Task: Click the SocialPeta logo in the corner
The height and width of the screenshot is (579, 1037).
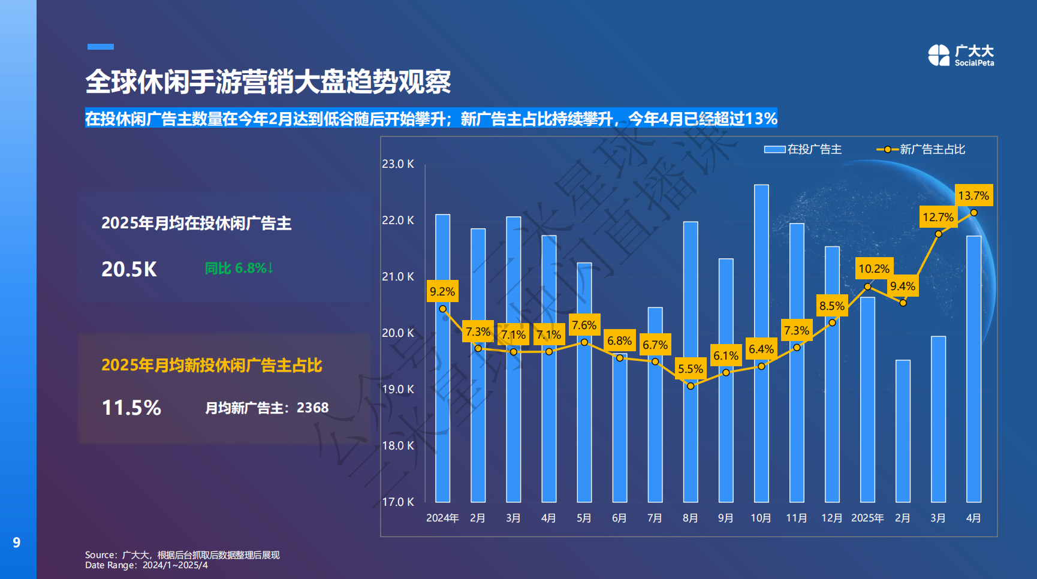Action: [x=960, y=55]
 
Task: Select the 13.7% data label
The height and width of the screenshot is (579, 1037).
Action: [x=973, y=195]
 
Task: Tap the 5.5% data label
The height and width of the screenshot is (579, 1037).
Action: [x=690, y=369]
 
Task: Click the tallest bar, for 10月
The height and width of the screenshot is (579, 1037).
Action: [x=761, y=342]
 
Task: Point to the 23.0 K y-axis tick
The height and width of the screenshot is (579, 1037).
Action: [x=398, y=164]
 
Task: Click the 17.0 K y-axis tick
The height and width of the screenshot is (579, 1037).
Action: [x=398, y=502]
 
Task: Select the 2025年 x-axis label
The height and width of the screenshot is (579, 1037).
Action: [x=867, y=518]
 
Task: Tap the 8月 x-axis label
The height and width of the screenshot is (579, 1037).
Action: [x=690, y=518]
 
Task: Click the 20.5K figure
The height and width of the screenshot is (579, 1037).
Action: [x=129, y=269]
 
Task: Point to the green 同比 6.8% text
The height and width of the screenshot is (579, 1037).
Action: [x=239, y=268]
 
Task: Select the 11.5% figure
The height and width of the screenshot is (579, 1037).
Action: [x=131, y=408]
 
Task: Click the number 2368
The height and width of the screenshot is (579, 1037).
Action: [x=312, y=408]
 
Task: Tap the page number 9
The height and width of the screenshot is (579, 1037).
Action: [x=17, y=542]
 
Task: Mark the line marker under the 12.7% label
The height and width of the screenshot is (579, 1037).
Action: [x=938, y=234]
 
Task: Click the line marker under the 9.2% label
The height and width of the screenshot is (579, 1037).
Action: [x=442, y=309]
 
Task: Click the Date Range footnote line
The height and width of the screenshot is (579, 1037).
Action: [x=146, y=565]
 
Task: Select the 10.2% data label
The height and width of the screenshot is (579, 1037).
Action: [x=873, y=269]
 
